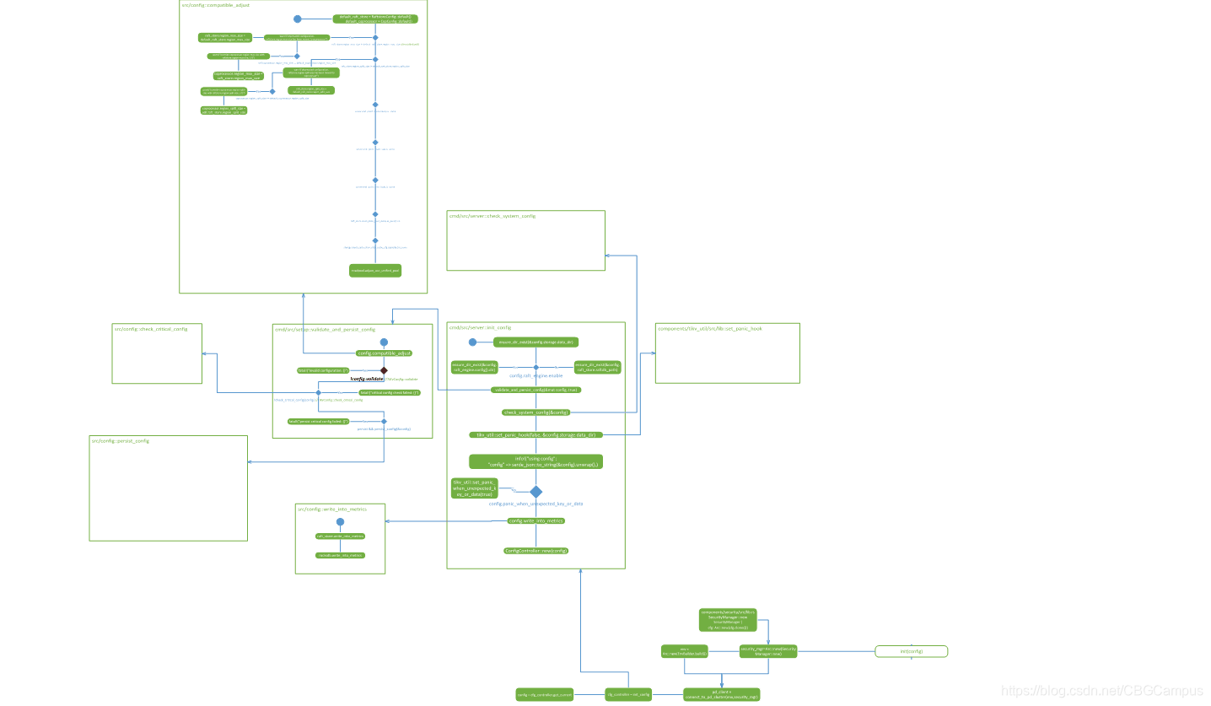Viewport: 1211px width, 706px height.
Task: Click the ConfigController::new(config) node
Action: coord(536,551)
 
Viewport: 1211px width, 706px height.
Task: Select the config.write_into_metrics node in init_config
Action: coord(536,521)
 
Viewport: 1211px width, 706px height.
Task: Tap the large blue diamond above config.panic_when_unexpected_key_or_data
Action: coord(536,491)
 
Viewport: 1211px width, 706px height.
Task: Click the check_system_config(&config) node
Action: coord(536,412)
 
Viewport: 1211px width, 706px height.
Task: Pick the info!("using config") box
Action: coord(536,461)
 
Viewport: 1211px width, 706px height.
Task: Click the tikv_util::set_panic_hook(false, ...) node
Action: coord(536,435)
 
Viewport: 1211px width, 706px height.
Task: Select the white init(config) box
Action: coord(911,651)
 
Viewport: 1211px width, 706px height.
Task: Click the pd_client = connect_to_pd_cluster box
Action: coord(722,695)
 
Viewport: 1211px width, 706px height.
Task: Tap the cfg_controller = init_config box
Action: coord(628,695)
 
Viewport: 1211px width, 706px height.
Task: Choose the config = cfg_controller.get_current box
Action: coord(545,695)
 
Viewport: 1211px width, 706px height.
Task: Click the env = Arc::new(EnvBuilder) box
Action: coord(684,651)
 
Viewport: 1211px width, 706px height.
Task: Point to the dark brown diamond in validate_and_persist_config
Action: coord(384,370)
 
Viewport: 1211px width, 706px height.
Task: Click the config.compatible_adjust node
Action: coord(384,353)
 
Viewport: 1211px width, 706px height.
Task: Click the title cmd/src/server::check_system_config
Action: coord(492,217)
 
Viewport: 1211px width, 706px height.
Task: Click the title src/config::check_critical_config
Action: coord(151,329)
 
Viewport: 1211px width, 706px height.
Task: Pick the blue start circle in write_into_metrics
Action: coord(340,522)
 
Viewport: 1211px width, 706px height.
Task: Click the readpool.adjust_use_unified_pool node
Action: coord(375,271)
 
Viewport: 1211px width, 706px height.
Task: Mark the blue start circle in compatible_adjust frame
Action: coord(297,19)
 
